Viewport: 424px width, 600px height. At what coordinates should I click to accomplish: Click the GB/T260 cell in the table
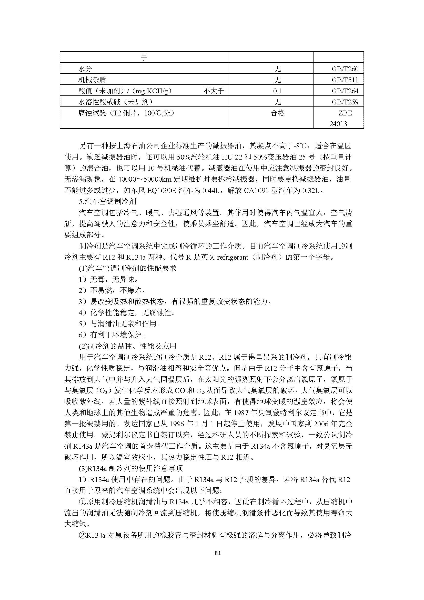[345, 69]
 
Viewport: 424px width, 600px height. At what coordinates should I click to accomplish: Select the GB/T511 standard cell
[345, 80]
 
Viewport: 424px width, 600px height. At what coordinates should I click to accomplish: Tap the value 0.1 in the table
[277, 91]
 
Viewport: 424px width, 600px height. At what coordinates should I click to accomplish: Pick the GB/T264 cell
[345, 91]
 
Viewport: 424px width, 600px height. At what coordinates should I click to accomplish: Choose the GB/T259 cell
[345, 102]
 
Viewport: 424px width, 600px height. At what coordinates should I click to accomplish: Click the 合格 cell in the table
[278, 113]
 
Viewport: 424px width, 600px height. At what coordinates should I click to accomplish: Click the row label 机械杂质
[92, 80]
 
